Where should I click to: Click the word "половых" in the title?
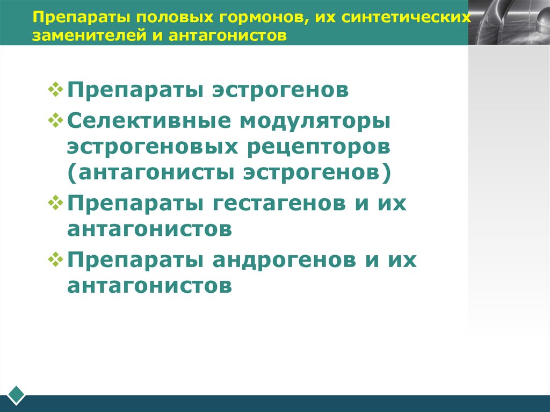[x=163, y=17]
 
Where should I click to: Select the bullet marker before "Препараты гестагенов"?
[x=56, y=202]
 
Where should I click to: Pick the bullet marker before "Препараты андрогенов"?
[x=56, y=259]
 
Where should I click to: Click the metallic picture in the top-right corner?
[x=508, y=22]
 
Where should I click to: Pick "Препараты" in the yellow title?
[x=75, y=17]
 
